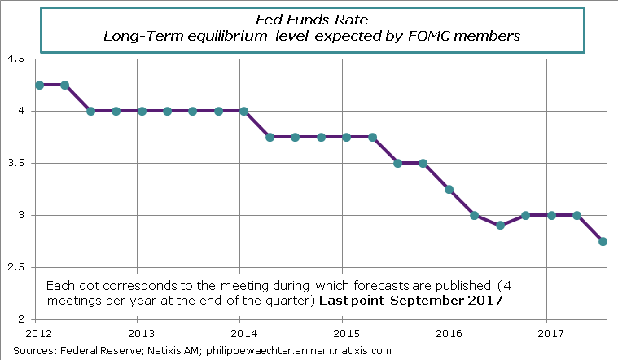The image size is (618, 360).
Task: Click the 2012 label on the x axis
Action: coord(37,334)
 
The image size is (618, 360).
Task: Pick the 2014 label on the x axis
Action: coord(240,334)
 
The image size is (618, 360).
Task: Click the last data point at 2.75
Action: coord(603,241)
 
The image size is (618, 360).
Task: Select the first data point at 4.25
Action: coord(39,85)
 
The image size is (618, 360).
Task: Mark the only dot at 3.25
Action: coord(449,189)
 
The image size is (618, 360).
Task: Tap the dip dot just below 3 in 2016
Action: coord(501,225)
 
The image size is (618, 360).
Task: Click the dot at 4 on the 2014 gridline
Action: coord(244,111)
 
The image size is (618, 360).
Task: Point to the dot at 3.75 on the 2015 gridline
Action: coord(347,137)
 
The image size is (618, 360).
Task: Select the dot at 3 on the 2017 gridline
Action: coord(552,215)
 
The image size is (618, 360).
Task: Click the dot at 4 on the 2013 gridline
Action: coord(142,111)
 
